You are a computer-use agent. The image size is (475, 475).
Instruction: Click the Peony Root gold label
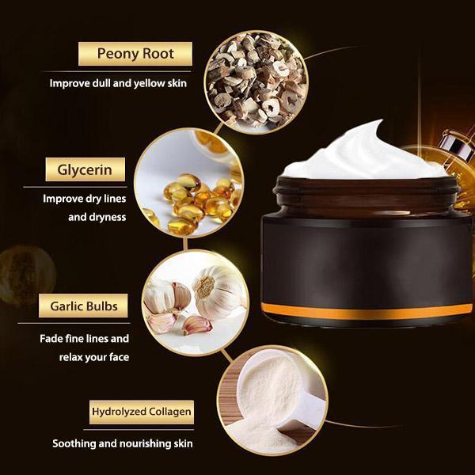pos(135,54)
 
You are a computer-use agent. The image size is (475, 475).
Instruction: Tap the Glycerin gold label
pos(85,169)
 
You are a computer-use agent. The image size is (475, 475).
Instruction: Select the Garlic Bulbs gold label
pos(83,306)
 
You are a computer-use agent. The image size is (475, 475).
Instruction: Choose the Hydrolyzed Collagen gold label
pos(142,412)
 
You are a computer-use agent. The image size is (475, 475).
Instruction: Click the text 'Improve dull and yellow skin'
pos(118,83)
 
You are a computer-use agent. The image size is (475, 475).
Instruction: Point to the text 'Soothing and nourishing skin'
pos(123,443)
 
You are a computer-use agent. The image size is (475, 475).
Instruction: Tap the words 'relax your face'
pos(94,357)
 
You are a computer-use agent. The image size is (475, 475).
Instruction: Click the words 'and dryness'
pos(97,217)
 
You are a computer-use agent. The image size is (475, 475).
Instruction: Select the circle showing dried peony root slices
pos(256,82)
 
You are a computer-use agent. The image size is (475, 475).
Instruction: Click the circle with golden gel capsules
pos(189,183)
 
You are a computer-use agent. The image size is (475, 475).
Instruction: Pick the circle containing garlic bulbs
pos(195,303)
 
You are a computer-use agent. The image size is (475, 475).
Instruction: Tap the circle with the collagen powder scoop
pos(272,401)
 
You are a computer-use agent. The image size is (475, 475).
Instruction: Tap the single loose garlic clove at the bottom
pos(197,325)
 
